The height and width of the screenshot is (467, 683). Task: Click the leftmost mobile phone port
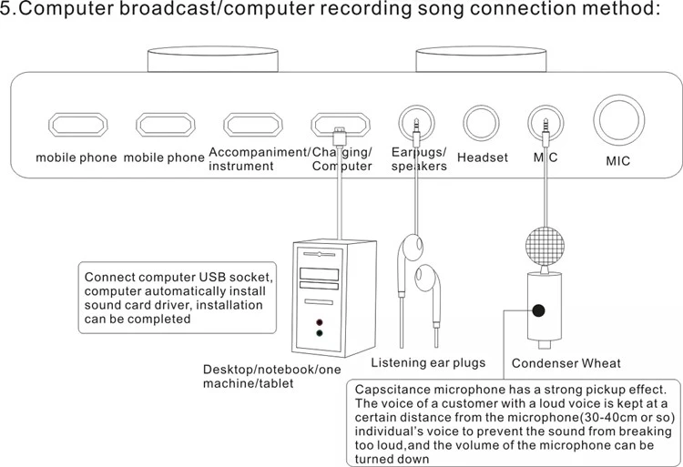76,124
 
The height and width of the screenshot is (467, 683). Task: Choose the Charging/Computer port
340,124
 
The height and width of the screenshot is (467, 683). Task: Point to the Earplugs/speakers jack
416,123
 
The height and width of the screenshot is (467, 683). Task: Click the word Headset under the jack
482,157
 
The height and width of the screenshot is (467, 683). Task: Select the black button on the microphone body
538,310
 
